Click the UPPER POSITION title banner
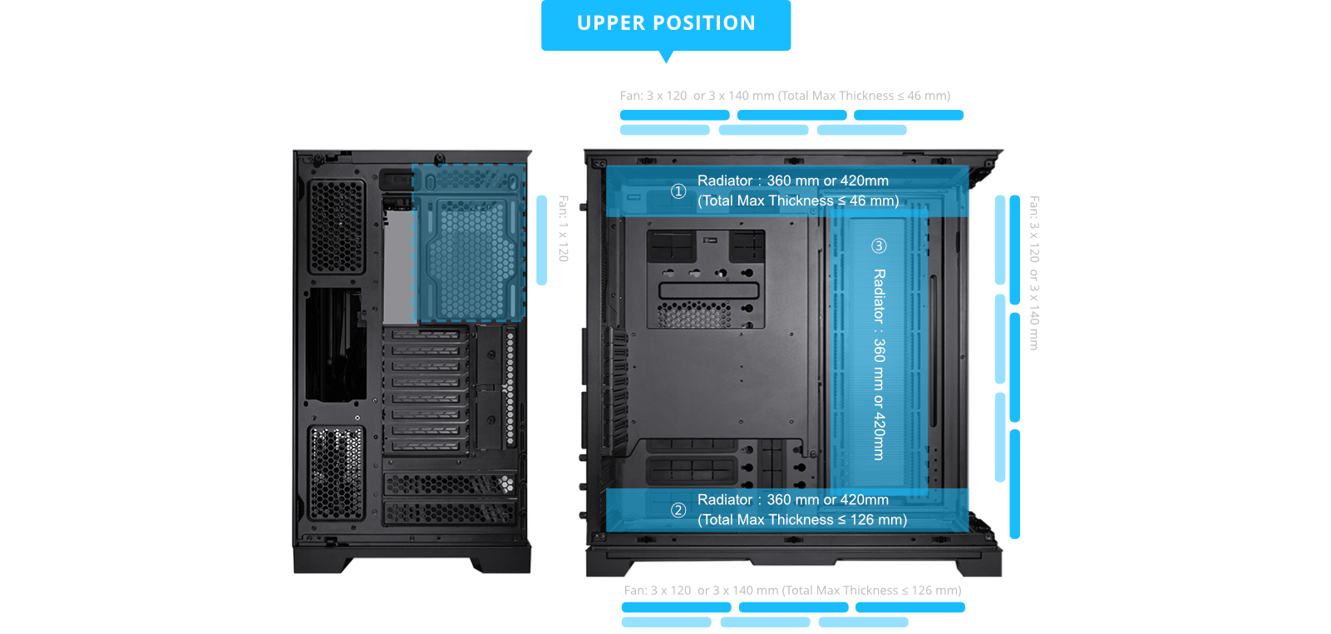tap(666, 24)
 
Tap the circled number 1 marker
tap(678, 191)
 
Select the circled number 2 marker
tap(678, 510)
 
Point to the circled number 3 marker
tap(879, 245)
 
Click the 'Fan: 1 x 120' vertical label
tap(563, 229)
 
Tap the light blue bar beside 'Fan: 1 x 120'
tap(542, 240)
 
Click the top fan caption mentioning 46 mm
tap(785, 96)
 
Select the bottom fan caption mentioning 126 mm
tap(792, 590)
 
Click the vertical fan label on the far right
tap(1034, 273)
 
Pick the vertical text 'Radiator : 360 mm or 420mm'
tap(879, 364)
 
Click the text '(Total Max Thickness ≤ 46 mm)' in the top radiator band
tap(798, 201)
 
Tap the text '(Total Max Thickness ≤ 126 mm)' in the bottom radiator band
tap(802, 520)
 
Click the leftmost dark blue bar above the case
tap(674, 115)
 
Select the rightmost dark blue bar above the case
tap(909, 115)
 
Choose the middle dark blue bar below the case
tap(793, 607)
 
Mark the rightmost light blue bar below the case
tap(863, 622)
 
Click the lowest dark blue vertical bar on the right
tap(1015, 484)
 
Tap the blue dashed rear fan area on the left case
tap(470, 243)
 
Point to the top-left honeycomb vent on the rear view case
tap(337, 227)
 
